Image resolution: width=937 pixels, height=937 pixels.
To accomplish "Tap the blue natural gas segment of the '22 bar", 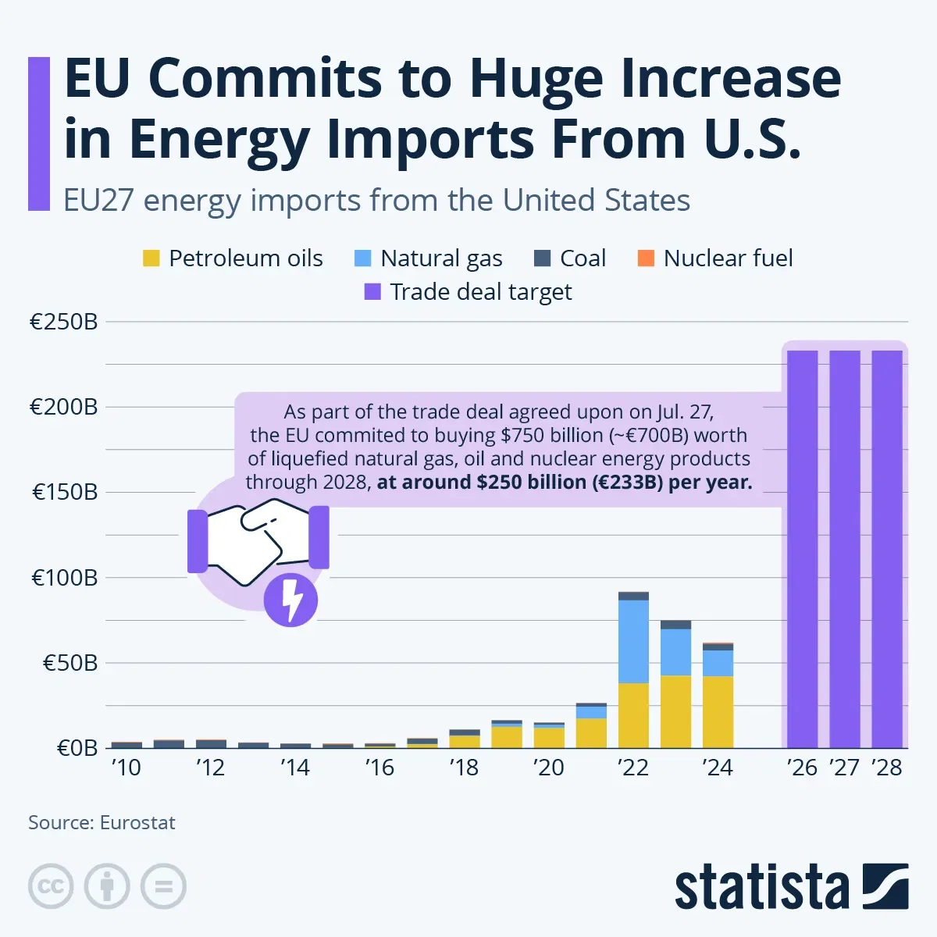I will point(633,641).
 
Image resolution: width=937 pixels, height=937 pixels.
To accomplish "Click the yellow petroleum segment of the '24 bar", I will point(718,711).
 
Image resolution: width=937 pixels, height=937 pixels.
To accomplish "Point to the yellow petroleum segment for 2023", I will point(675,711).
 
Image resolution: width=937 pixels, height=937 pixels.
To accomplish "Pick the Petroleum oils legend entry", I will point(232,258).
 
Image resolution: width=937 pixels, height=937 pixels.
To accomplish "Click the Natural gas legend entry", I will point(429,258).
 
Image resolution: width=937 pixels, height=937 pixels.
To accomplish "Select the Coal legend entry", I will point(570,258).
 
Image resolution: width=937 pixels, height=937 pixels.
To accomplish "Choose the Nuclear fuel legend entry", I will point(715,258).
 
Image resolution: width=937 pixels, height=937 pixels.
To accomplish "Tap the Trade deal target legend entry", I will point(468,292).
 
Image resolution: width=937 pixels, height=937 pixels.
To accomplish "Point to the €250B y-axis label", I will point(64,322).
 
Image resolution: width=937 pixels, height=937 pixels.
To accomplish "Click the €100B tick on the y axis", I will point(64,578).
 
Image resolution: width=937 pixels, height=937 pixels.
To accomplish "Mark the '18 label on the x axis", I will point(464,768).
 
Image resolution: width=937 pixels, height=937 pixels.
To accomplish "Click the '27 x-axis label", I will point(845,768).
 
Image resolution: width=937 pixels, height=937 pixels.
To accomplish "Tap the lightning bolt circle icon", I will point(290,600).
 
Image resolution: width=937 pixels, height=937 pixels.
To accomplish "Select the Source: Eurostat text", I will point(102,823).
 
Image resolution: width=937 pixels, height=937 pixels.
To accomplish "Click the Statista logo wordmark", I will point(761,888).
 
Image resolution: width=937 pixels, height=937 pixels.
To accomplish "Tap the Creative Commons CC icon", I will point(51,886).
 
